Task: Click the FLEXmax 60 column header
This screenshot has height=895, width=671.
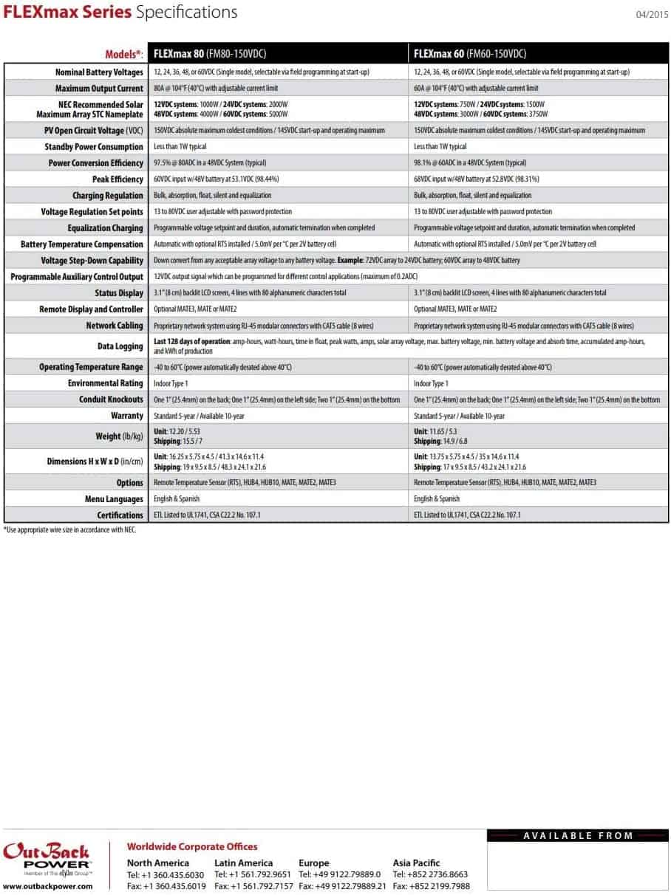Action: pyautogui.click(x=469, y=54)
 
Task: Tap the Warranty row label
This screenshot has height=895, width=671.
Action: pyautogui.click(x=127, y=416)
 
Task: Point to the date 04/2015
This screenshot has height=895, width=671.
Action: pyautogui.click(x=652, y=14)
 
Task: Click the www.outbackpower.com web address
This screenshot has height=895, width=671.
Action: pyautogui.click(x=48, y=886)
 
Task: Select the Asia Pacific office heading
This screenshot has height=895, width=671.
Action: pyautogui.click(x=416, y=863)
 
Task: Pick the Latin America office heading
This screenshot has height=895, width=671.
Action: pyautogui.click(x=243, y=863)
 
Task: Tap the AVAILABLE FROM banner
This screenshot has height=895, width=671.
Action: pyautogui.click(x=578, y=835)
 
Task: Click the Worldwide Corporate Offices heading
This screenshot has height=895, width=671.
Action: pyautogui.click(x=192, y=846)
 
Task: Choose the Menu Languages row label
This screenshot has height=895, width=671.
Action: pyautogui.click(x=114, y=498)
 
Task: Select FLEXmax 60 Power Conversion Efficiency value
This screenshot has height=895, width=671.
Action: pyautogui.click(x=470, y=163)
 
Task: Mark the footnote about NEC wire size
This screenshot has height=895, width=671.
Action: pyautogui.click(x=70, y=529)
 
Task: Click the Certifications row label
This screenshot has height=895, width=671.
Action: pyautogui.click(x=120, y=515)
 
